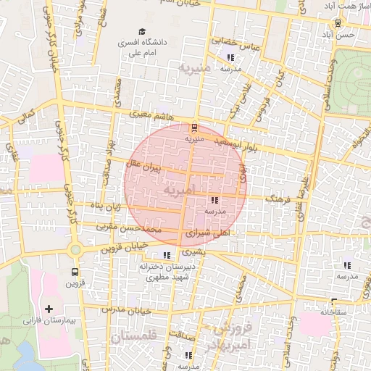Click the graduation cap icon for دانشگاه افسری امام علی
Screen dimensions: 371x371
point(143,32)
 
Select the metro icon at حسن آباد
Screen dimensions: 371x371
point(338,22)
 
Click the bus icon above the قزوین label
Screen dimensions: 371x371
point(75,272)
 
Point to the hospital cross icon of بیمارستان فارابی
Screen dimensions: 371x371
point(49,309)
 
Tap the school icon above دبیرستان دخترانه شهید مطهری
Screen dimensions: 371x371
point(168,255)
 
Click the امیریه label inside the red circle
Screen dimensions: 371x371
point(180,191)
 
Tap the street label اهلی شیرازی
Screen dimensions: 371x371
point(207,234)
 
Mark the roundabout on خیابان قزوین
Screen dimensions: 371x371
point(75,249)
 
